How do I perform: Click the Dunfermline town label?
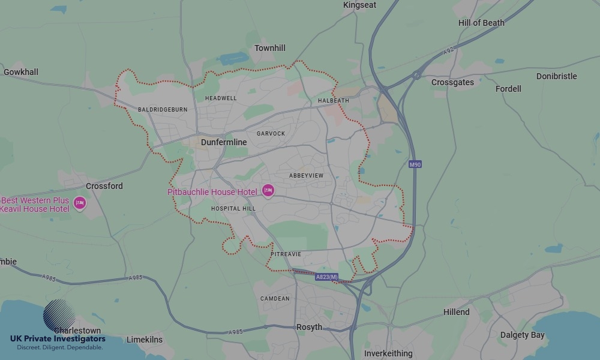tap(224, 142)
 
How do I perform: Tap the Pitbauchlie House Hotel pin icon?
tap(268, 191)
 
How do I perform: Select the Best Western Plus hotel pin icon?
tap(79, 203)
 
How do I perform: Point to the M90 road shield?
tap(415, 164)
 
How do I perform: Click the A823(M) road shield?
tap(327, 277)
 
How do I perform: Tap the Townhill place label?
tap(270, 48)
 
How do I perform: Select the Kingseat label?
tap(360, 5)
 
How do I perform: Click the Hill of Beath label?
tap(481, 23)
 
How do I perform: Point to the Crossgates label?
tap(452, 82)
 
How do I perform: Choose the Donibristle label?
tap(556, 76)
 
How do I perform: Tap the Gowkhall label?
tap(21, 72)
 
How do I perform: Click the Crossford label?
tap(104, 186)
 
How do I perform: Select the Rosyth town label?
tap(309, 327)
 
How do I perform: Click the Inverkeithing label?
tap(388, 353)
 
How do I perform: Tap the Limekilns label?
tap(145, 340)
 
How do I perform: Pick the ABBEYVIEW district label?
tap(306, 175)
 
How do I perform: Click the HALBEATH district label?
tap(333, 101)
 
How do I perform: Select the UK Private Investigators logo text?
tap(58, 339)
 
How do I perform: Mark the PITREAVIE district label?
tap(286, 254)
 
